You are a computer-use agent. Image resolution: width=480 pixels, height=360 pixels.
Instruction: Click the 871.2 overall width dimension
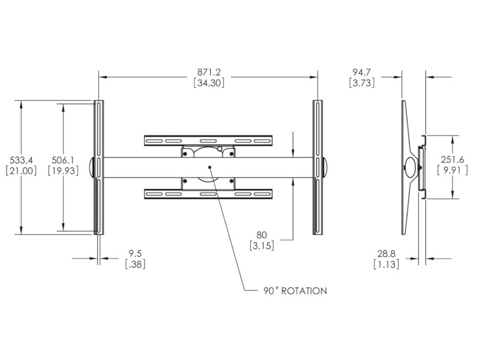point(209,72)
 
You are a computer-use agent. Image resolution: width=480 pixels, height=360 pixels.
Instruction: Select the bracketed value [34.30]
point(209,83)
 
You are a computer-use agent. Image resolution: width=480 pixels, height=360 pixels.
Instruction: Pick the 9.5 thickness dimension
point(135,253)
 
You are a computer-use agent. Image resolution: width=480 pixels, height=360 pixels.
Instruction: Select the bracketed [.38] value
point(135,264)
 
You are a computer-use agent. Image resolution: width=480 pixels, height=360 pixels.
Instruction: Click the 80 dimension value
point(262,235)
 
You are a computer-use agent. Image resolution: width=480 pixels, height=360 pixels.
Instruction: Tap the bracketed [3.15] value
point(262,245)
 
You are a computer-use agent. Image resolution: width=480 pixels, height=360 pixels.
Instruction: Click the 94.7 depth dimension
point(362,72)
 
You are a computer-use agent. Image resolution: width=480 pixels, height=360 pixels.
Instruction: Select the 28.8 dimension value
point(386,253)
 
